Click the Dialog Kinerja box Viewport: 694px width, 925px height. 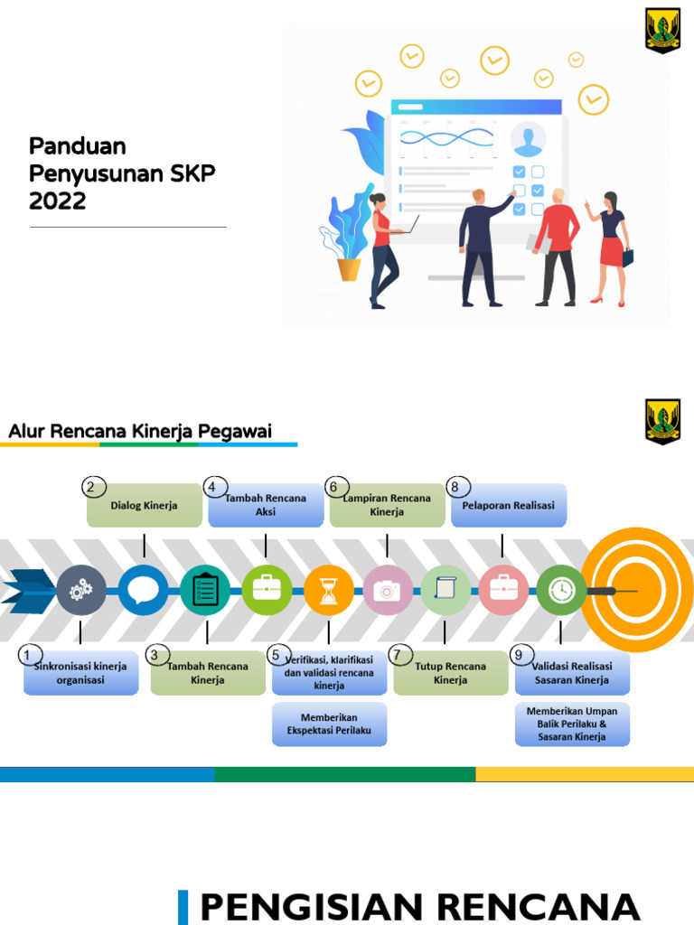(x=145, y=506)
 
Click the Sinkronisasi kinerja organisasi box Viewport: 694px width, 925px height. (x=80, y=674)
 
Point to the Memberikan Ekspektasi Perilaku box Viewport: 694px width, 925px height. (x=329, y=724)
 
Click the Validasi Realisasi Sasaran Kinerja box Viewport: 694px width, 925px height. (x=572, y=674)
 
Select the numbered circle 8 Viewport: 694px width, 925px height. (x=454, y=487)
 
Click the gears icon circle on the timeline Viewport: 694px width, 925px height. (x=81, y=591)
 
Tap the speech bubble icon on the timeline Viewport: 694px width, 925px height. (x=144, y=591)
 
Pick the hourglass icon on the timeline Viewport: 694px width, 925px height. (x=329, y=591)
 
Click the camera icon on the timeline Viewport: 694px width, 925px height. (x=388, y=591)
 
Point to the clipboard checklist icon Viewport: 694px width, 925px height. (x=206, y=591)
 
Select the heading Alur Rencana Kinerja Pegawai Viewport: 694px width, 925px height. (x=140, y=431)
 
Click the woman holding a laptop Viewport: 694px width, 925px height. (x=383, y=248)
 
